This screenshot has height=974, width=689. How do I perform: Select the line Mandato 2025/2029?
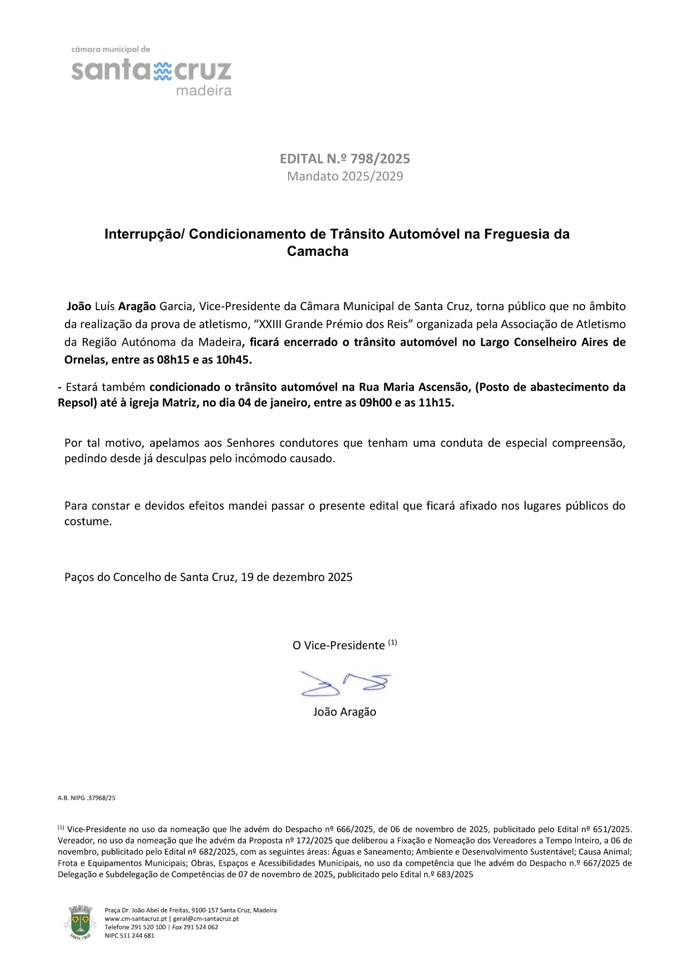[345, 176]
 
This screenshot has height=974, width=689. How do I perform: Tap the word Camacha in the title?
[318, 251]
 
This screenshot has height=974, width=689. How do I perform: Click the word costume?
[88, 522]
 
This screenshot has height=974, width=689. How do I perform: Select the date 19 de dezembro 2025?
[297, 577]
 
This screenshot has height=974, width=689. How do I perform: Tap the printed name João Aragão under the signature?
[345, 712]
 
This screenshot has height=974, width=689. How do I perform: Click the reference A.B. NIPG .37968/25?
[87, 798]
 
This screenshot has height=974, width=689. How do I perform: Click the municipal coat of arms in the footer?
[80, 922]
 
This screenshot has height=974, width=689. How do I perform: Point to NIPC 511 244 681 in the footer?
[129, 935]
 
